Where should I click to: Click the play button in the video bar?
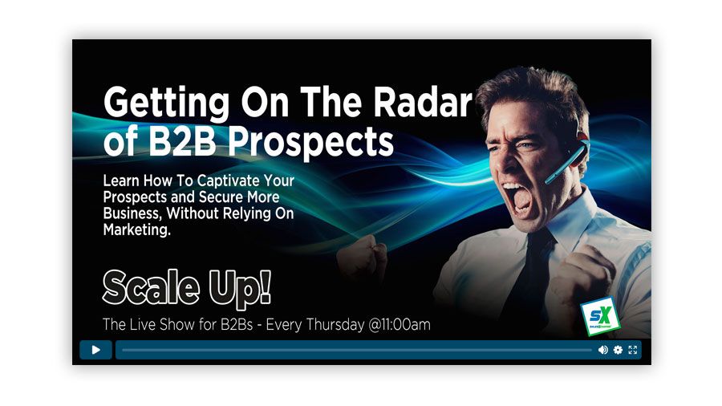[x=95, y=350]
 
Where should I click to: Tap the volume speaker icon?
[x=602, y=350]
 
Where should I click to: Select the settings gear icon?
[x=618, y=350]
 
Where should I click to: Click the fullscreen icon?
[x=633, y=350]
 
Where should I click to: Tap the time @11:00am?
[x=393, y=325]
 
